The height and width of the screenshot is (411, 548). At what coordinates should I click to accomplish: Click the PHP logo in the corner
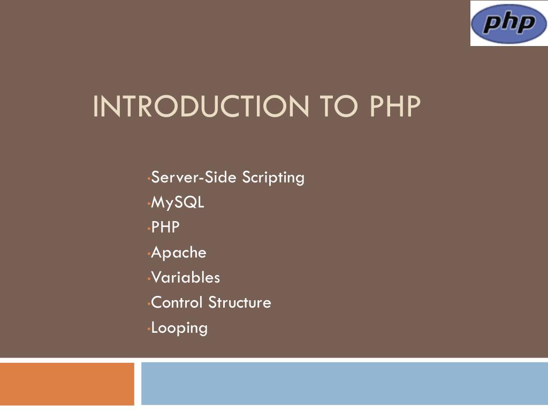[509, 23]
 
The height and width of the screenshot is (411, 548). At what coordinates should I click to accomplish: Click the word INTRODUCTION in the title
[201, 106]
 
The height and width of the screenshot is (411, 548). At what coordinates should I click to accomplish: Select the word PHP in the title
[395, 106]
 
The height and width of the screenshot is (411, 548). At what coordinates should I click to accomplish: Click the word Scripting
[273, 178]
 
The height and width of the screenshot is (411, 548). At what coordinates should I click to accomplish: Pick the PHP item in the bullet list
[165, 227]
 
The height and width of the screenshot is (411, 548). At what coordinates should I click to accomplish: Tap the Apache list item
[179, 253]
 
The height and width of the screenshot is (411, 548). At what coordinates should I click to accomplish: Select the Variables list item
[186, 278]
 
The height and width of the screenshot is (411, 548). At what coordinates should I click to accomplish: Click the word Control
[177, 303]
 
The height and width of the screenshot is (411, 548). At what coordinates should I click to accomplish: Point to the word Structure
[240, 303]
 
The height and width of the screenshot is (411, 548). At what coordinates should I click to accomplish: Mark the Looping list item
[179, 329]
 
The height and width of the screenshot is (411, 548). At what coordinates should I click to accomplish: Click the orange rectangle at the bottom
[67, 384]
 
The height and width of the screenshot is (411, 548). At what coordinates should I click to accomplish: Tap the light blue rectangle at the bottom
[345, 384]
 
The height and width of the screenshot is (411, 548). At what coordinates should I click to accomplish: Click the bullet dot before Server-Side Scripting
[149, 179]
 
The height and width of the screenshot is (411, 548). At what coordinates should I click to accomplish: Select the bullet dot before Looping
[149, 329]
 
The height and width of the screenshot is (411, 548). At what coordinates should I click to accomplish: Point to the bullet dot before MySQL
[149, 204]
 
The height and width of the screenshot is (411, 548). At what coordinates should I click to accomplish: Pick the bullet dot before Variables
[149, 279]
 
